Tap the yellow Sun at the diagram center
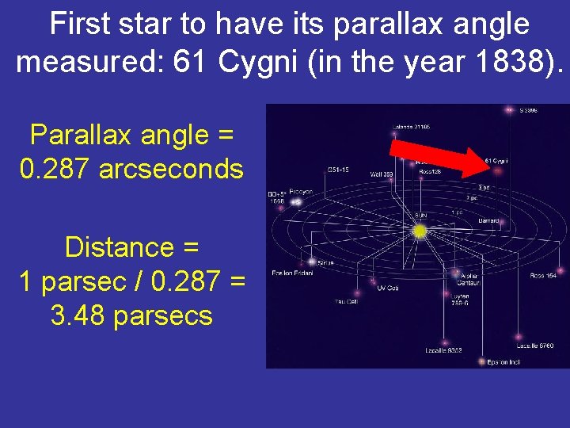pyautogui.click(x=420, y=231)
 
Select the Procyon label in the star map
pyautogui.click(x=300, y=192)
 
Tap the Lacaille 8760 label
pyautogui.click(x=536, y=346)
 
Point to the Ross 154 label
pyautogui.click(x=544, y=276)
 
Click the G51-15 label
pyautogui.click(x=340, y=169)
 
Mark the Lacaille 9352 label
pyautogui.click(x=443, y=350)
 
